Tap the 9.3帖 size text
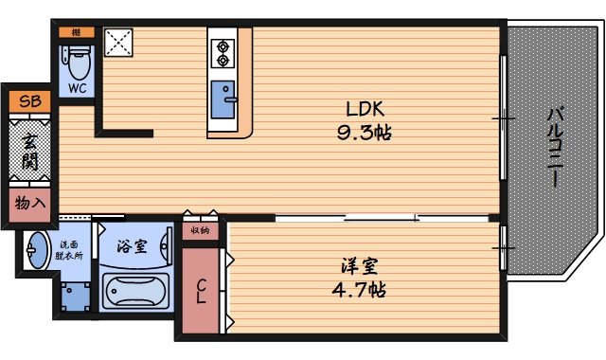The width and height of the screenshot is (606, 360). click(x=364, y=132)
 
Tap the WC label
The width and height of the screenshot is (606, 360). click(x=76, y=87)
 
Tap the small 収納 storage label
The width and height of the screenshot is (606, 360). click(x=200, y=229)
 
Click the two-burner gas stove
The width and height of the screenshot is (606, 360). click(x=223, y=52)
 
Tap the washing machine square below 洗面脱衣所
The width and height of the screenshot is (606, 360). click(x=76, y=296)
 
